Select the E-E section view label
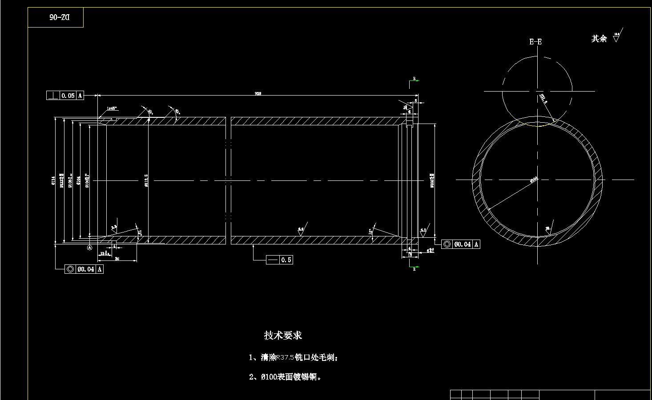tap(535, 42)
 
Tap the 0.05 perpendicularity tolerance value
tap(68, 96)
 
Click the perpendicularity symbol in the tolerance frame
tap(53, 96)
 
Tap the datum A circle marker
tap(89, 248)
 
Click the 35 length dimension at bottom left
tap(117, 259)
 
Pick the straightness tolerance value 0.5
tap(286, 260)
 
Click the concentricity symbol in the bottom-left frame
tap(70, 269)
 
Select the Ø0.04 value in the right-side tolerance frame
tap(462, 244)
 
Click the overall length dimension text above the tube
tap(258, 94)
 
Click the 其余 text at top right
tap(599, 39)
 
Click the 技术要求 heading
tap(283, 335)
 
